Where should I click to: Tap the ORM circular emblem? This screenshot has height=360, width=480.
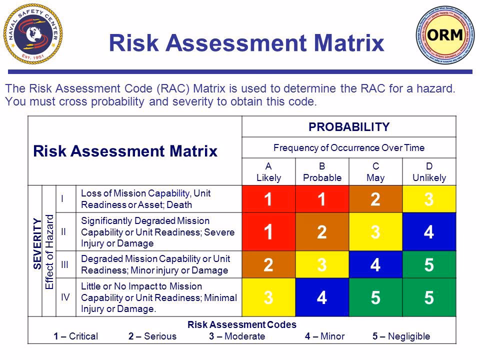point(443,34)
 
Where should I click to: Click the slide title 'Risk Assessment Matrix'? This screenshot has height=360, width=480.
point(246,43)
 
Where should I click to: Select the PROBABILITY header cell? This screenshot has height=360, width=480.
point(349,127)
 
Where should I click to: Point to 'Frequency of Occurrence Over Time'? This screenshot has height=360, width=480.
point(349,148)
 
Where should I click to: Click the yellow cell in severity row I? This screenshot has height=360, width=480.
point(429,199)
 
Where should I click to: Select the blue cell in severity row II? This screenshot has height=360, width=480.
point(429,231)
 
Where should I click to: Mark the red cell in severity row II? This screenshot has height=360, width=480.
point(268,231)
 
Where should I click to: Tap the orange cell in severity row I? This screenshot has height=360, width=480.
point(376,199)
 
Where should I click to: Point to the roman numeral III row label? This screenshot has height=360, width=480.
point(63,264)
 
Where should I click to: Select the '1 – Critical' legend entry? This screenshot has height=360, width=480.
point(75,336)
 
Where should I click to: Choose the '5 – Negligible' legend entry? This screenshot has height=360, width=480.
point(401,336)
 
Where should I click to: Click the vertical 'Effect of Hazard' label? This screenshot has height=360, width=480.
point(49,251)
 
